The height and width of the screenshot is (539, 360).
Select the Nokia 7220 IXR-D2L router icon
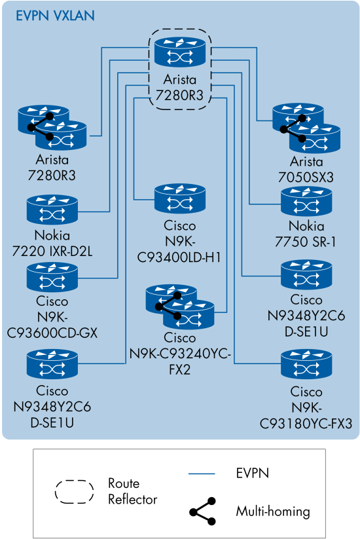52,210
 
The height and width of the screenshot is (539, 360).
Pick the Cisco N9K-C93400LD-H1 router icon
180,200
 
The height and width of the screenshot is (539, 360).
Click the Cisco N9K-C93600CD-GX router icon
52,278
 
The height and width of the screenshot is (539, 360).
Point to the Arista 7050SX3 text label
306,169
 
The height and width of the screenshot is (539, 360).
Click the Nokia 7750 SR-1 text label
306,234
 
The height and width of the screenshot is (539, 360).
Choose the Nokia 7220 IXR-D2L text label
52,242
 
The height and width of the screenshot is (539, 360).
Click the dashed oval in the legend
75,491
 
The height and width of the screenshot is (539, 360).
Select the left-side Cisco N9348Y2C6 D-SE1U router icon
52,365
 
